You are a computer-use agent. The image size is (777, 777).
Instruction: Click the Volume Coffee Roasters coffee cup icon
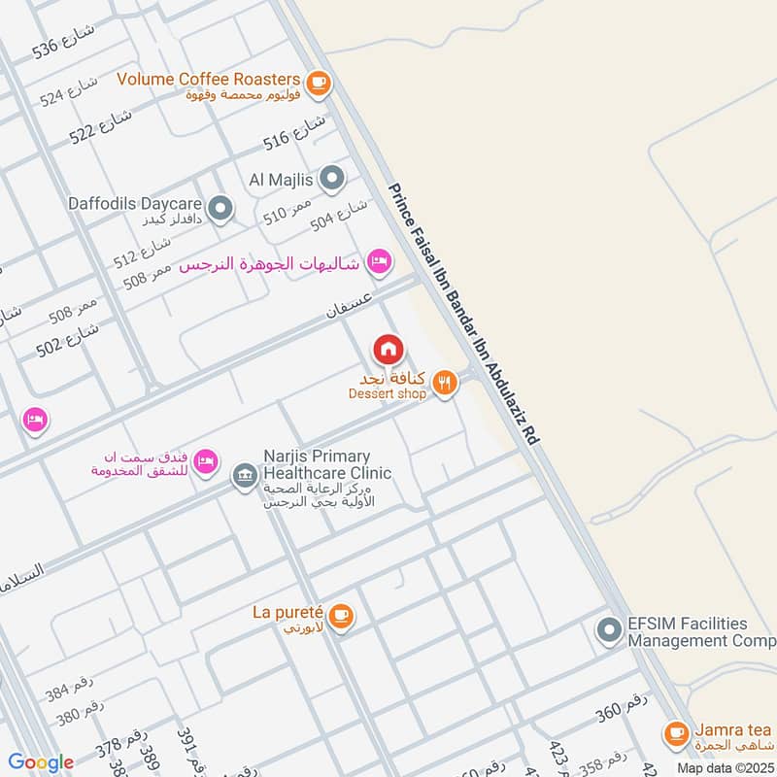(317, 84)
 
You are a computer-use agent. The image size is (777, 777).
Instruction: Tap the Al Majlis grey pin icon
(332, 179)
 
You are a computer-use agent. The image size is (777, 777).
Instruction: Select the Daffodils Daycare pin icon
(221, 208)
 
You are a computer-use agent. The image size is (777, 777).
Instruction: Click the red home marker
(388, 348)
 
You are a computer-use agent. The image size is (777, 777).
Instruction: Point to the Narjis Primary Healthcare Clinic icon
(243, 476)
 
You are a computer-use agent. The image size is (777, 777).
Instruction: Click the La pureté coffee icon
(340, 615)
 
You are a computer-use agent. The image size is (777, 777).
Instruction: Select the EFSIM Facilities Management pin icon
(609, 631)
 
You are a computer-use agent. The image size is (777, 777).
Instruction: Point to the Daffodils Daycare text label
(134, 205)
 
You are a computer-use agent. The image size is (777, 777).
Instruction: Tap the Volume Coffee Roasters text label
(208, 78)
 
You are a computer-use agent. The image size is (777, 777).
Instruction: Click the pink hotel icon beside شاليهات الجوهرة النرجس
(380, 260)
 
